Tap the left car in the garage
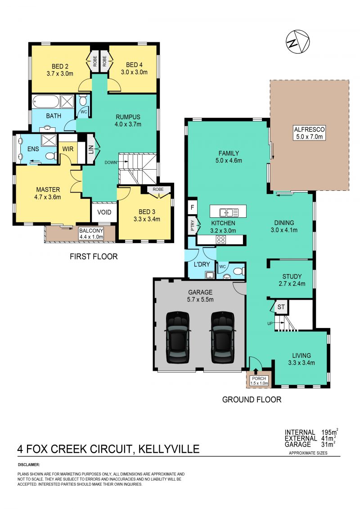(177, 337)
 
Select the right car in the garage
(222, 337)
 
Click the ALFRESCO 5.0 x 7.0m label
(309, 133)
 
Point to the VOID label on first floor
(104, 212)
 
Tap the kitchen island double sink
(227, 212)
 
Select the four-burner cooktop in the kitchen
(221, 240)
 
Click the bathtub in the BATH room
(46, 102)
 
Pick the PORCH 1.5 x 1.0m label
(259, 381)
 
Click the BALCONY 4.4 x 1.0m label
(91, 234)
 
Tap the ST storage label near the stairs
(281, 307)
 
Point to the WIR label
(68, 149)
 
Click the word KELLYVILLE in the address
(169, 449)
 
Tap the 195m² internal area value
(329, 432)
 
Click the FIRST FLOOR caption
(94, 257)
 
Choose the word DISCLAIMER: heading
(28, 464)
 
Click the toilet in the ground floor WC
(238, 271)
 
